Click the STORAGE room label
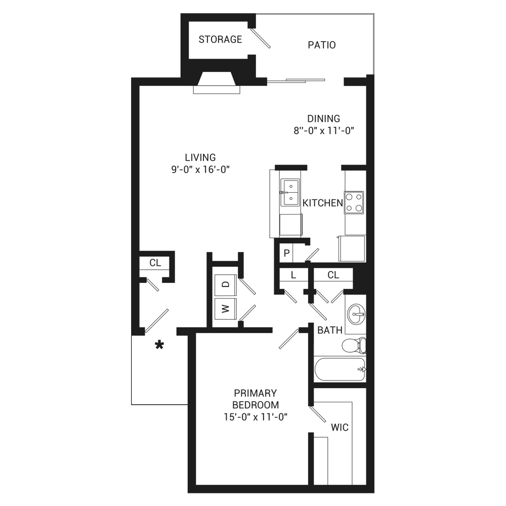tap(220, 39)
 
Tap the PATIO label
tap(322, 45)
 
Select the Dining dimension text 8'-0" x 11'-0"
tap(324, 131)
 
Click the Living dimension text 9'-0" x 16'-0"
tap(200, 170)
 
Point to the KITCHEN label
tap(322, 203)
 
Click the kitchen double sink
tap(290, 192)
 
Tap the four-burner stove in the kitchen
tap(354, 202)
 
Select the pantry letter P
tap(286, 254)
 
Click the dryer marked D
tap(226, 284)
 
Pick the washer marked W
tap(226, 309)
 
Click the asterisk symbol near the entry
tap(159, 345)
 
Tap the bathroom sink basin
tap(356, 313)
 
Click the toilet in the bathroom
tap(354, 345)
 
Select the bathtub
tap(340, 369)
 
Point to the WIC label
tap(340, 428)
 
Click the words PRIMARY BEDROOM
tap(255, 399)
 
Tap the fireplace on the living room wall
tap(217, 82)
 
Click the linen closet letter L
tap(293, 275)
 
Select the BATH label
tap(329, 330)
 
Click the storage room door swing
tap(261, 38)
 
